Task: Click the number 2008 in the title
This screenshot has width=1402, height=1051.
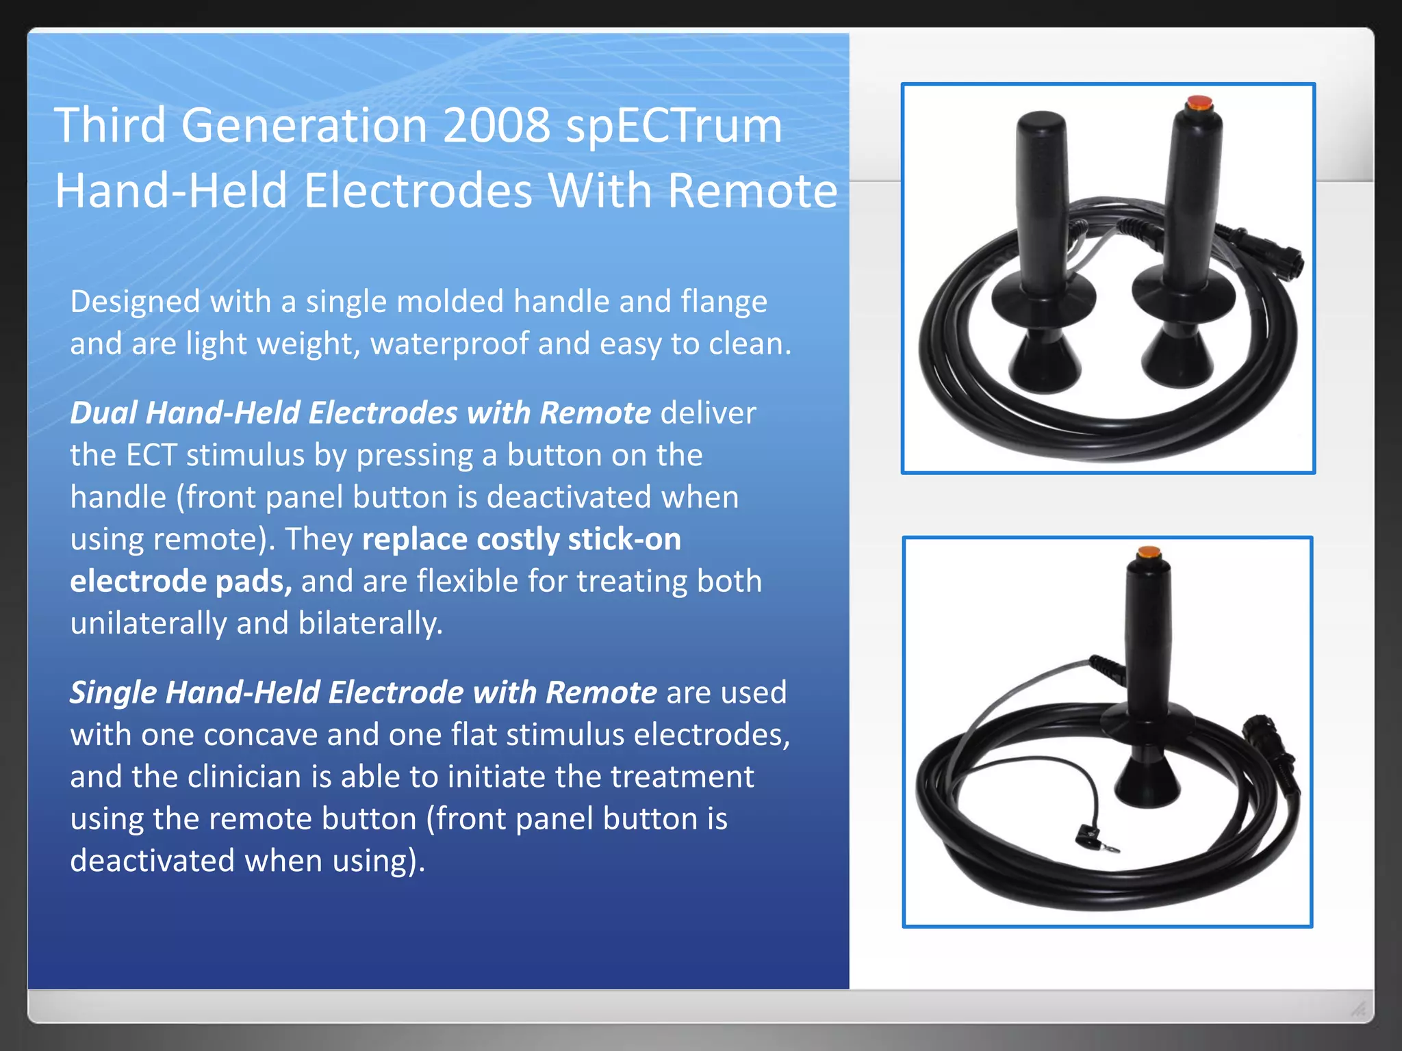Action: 496,125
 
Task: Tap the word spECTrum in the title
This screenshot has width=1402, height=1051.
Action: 674,127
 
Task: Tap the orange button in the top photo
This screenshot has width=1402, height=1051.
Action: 1198,103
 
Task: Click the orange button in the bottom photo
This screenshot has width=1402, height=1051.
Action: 1148,552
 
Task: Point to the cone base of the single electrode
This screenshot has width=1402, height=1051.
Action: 1147,780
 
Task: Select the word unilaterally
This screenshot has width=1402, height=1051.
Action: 148,623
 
